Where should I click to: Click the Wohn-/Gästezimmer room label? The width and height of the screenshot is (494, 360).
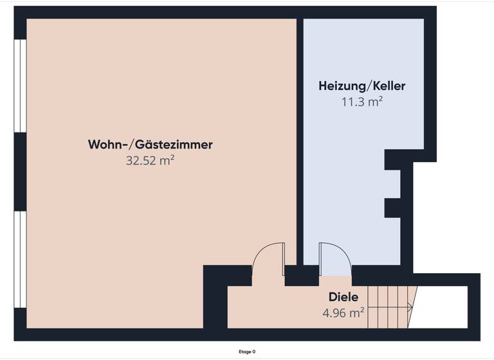pos(150,145)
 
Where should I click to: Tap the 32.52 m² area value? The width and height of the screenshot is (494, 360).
pos(150,161)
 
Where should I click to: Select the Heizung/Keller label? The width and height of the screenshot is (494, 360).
pos(362,85)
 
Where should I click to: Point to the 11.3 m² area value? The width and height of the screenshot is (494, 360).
pos(362,101)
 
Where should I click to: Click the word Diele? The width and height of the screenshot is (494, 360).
pos(343,298)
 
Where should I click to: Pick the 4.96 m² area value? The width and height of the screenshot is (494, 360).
pos(343,313)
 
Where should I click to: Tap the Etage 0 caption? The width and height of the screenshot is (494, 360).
pos(247,352)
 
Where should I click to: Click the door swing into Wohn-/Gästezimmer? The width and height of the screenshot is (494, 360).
pos(268,257)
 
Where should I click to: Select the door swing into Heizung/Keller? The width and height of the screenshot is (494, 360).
pos(334,257)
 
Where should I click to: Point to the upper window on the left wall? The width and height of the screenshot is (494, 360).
pos(20,85)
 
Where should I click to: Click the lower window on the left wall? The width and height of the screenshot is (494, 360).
pos(20,259)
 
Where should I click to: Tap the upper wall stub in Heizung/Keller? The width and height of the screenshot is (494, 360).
pos(392,160)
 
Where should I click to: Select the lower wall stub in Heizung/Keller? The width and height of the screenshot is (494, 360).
pos(392,208)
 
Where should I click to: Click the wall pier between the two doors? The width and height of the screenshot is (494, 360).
pos(301,275)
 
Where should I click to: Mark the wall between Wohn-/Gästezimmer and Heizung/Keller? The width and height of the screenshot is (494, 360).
pos(300,141)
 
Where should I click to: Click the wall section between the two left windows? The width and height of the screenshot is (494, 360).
pos(20,172)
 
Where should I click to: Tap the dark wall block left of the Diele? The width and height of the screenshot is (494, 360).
pos(215,302)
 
